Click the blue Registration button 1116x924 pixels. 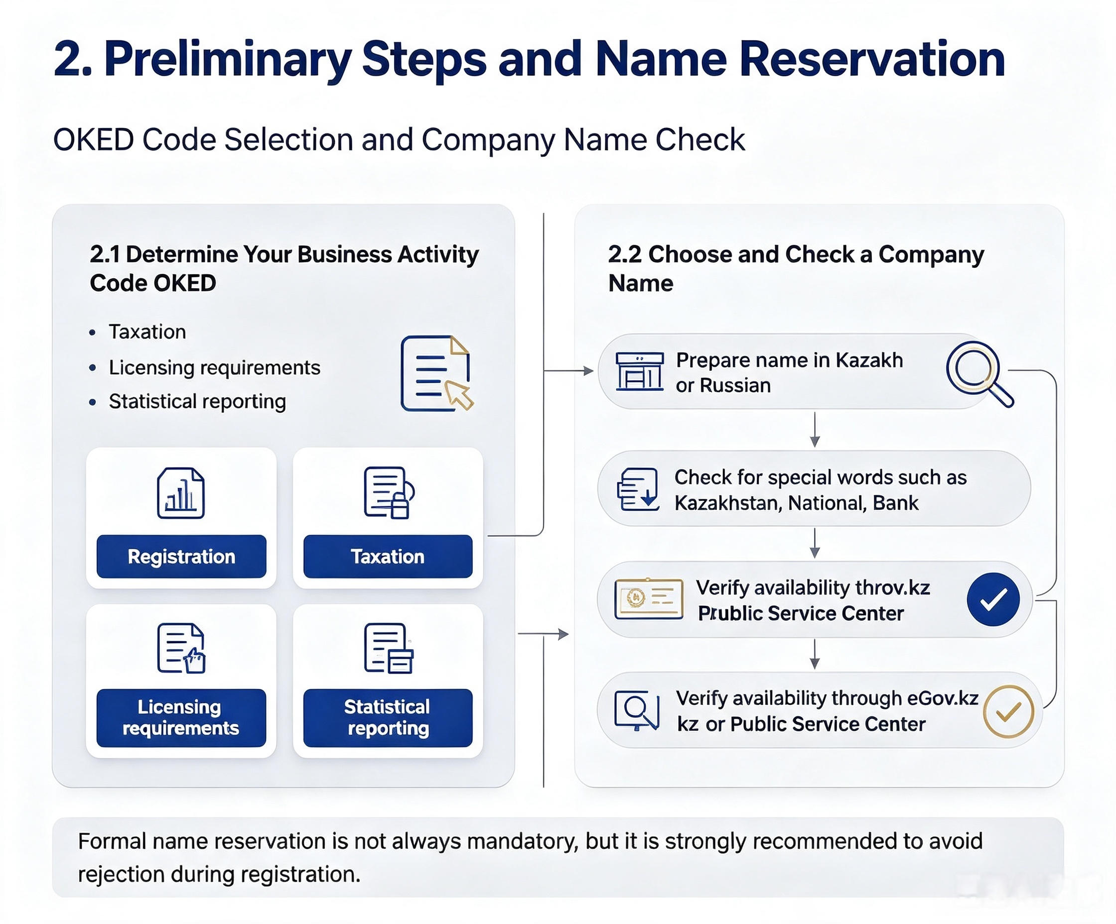[x=181, y=556]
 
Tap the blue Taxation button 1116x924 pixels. [x=388, y=556]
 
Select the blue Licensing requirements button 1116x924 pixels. [x=181, y=717]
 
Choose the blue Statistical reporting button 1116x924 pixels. [x=388, y=717]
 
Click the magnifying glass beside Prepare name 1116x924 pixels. [x=979, y=373]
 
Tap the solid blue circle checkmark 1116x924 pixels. [x=993, y=599]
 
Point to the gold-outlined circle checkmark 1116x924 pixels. [x=1008, y=711]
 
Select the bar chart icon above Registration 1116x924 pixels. [x=181, y=493]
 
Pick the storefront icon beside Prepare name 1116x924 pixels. [x=640, y=371]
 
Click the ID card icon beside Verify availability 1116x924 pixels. [x=649, y=599]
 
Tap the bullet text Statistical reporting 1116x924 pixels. [x=197, y=401]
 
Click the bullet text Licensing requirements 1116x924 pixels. [x=215, y=367]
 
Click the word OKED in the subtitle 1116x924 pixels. [x=94, y=140]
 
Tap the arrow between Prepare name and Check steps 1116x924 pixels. [x=815, y=429]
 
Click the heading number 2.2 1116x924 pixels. [x=625, y=254]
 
